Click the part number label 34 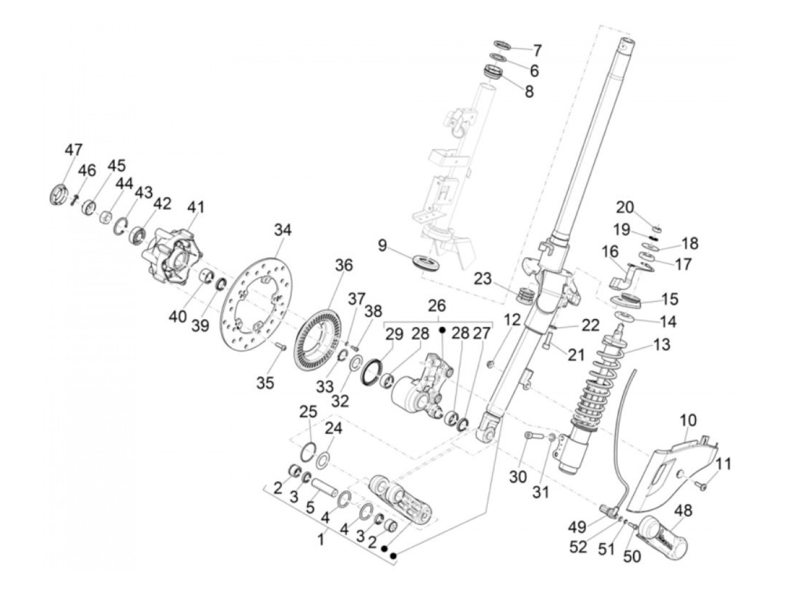283,231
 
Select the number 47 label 73,150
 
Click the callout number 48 683,511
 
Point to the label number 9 383,245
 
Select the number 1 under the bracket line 321,540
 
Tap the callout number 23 483,279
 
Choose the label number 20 625,208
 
